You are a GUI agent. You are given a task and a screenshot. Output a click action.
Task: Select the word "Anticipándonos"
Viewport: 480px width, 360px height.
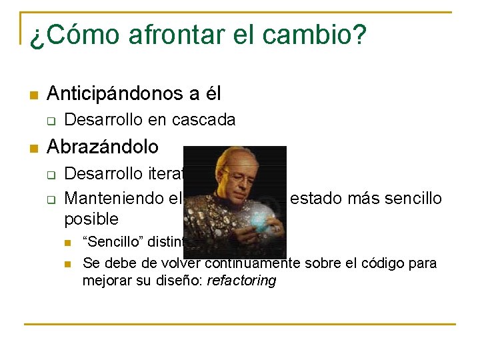point(118,94)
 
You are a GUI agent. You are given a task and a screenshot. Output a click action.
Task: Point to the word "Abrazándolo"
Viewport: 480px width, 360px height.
point(103,147)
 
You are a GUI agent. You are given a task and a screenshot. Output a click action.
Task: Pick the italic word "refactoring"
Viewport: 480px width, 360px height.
point(241,281)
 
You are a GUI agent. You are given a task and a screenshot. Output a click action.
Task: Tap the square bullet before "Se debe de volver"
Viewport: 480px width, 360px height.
point(67,263)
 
